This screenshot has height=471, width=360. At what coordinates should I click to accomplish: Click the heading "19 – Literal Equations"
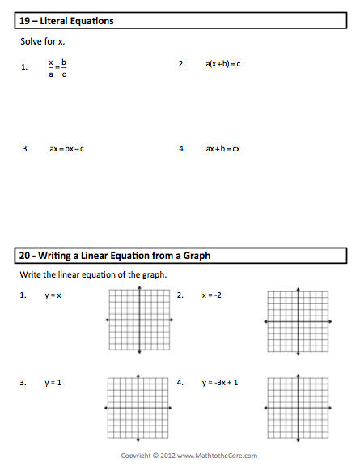66,21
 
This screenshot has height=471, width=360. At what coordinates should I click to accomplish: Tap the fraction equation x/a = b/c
57,68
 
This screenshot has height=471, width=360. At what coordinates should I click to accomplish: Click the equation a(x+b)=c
223,62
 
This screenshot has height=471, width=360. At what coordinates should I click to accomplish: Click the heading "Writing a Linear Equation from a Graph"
115,256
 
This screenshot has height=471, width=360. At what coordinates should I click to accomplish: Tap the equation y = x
53,296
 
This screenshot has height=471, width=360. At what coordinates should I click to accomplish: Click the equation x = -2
212,295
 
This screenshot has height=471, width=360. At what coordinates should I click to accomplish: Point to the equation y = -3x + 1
226,382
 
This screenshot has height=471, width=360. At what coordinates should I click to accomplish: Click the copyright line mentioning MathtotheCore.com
180,456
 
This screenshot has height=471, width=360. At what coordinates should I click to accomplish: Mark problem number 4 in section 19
182,149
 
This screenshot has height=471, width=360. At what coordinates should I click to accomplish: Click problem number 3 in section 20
24,382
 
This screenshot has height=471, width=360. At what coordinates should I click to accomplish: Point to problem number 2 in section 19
182,62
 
